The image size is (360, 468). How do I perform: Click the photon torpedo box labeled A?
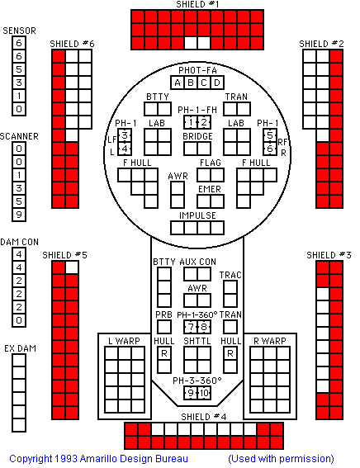click(178, 83)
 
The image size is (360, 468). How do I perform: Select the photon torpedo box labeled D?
click(217, 83)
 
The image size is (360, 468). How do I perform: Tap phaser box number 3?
click(125, 135)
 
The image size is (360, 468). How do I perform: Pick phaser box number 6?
click(270, 149)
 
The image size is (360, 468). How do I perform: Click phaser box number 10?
click(204, 393)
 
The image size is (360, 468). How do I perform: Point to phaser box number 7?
click(191, 327)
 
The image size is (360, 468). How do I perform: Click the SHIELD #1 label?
click(197, 4)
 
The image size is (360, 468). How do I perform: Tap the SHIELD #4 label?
click(204, 417)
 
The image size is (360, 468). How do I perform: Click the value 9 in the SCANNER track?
click(19, 215)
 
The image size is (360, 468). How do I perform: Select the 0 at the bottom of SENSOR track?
click(19, 109)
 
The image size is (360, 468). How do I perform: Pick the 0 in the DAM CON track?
click(19, 320)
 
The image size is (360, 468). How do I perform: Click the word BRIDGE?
click(197, 136)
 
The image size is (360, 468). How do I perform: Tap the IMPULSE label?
click(197, 215)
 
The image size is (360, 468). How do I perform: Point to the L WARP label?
click(124, 341)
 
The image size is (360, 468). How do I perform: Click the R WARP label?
click(269, 341)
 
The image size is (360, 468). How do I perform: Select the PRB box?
click(164, 327)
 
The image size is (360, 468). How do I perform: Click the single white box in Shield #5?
click(72, 267)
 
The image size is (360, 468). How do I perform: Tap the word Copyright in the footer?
click(30, 459)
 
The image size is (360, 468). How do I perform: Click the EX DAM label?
click(20, 348)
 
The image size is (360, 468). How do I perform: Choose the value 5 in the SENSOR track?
click(19, 69)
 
